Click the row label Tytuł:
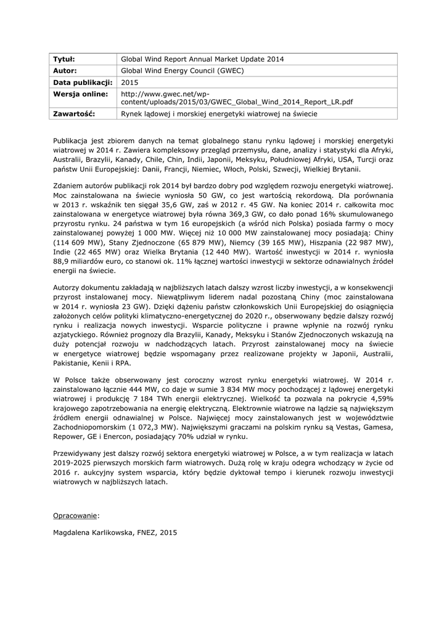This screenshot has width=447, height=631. [x=64, y=59]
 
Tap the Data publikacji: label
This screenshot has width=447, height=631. [x=83, y=83]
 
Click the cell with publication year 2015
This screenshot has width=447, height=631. [x=130, y=83]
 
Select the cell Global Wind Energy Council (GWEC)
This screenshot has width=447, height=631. [x=182, y=71]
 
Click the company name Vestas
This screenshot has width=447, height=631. [x=346, y=426]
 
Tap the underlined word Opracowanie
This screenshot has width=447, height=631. [x=76, y=513]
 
